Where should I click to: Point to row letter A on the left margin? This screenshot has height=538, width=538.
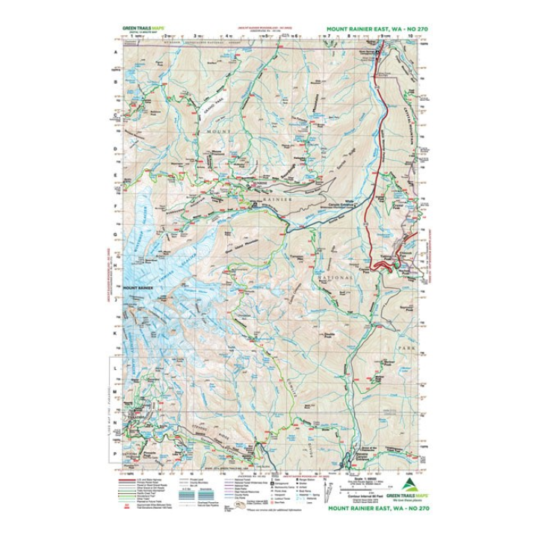click(116, 52)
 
